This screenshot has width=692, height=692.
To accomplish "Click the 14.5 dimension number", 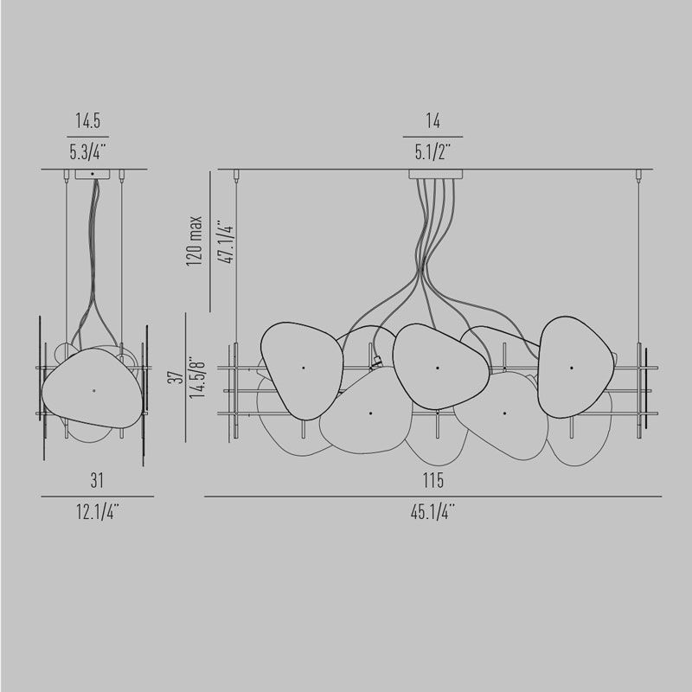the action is point(88,120).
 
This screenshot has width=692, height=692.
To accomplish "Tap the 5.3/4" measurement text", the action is point(88,152).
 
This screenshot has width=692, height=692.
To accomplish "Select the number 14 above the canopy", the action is point(433,120).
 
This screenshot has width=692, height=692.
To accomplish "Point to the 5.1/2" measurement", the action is point(432,152).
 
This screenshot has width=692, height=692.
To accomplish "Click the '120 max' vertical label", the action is point(194,240).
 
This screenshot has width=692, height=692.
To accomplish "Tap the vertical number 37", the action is point(176,376).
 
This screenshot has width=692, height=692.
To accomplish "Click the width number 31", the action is point(97,481).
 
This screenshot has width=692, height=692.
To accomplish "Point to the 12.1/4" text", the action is point(98,512).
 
